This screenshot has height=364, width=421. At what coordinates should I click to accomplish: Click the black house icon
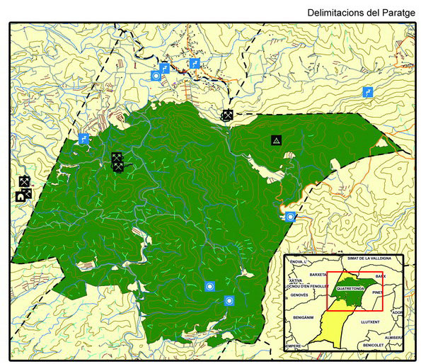coord(21,196)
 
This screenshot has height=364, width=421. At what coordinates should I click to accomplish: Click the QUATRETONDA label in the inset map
coord(352,289)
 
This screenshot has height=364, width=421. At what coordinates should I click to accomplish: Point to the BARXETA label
coord(318,274)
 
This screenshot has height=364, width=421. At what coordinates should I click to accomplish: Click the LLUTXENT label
coord(371,323)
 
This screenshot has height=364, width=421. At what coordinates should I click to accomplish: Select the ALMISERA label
coord(393,338)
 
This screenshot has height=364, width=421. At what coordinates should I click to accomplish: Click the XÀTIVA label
coord(294,281)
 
